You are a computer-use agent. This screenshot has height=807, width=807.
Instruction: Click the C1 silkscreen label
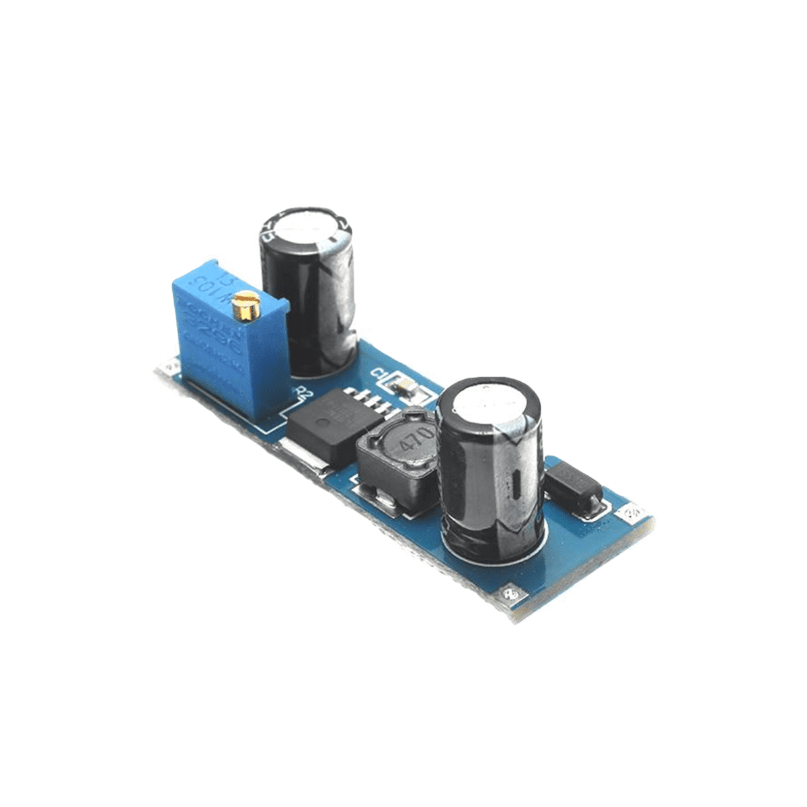click(x=379, y=374)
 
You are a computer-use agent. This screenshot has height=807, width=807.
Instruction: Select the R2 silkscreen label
click(x=301, y=392)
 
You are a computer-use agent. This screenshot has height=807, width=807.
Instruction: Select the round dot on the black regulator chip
click(x=323, y=423)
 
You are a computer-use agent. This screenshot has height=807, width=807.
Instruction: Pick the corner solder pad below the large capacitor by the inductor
click(x=510, y=594)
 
